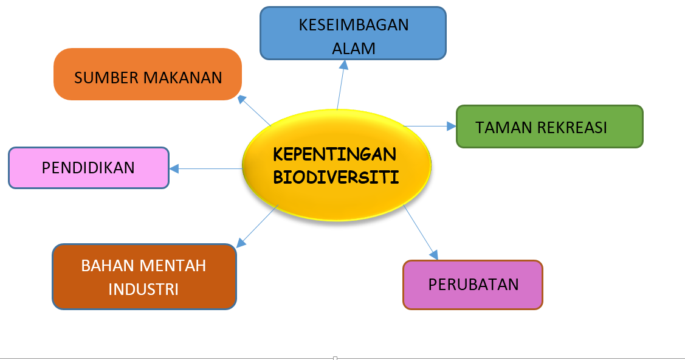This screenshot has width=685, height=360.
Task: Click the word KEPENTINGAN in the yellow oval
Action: (335, 154)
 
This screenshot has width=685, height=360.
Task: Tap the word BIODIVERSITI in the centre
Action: (336, 178)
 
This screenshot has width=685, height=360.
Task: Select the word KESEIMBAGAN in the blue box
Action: (353, 25)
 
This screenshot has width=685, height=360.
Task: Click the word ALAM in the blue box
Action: (353, 49)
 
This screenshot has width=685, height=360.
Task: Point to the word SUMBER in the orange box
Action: (106, 78)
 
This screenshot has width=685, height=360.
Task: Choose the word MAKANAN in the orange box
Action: (182, 78)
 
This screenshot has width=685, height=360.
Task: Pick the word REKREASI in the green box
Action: (572, 128)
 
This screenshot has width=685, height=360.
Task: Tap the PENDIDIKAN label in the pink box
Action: (88, 168)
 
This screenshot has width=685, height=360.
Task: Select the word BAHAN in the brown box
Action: (107, 266)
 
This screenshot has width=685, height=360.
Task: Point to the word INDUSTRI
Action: (143, 289)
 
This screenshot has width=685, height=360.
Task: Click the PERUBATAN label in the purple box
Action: (473, 285)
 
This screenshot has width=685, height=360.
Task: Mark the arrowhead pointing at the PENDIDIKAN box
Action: (174, 168)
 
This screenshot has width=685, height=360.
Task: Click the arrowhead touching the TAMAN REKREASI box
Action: (452, 126)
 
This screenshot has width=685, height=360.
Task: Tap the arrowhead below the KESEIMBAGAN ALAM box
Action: (344, 64)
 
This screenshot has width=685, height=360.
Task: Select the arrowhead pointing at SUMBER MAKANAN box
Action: (242, 99)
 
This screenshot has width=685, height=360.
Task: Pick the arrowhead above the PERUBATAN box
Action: (433, 255)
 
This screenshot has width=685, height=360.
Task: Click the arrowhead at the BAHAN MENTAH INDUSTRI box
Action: (241, 243)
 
